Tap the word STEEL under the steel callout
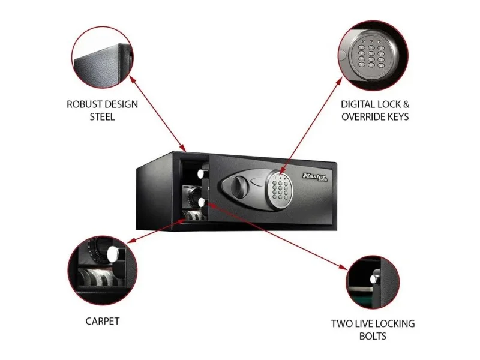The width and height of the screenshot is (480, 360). click(102, 117)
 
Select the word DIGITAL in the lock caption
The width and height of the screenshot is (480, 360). click(358, 104)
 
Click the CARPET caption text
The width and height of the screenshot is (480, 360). click(103, 321)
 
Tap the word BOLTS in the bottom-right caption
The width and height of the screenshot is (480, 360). click(373, 336)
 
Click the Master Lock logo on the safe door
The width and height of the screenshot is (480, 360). click(315, 177)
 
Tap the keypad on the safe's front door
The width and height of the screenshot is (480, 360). click(280, 187)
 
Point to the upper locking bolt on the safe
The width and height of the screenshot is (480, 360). click(201, 174)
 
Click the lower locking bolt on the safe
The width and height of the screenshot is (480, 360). click(202, 202)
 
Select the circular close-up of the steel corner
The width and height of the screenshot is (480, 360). click(103, 57)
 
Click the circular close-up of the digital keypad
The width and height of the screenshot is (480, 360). click(373, 56)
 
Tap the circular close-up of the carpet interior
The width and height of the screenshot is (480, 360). click(103, 271)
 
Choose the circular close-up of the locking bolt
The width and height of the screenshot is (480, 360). click(373, 282)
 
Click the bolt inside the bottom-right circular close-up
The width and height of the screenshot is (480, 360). click(374, 278)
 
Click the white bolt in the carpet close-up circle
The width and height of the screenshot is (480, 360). click(113, 254)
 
